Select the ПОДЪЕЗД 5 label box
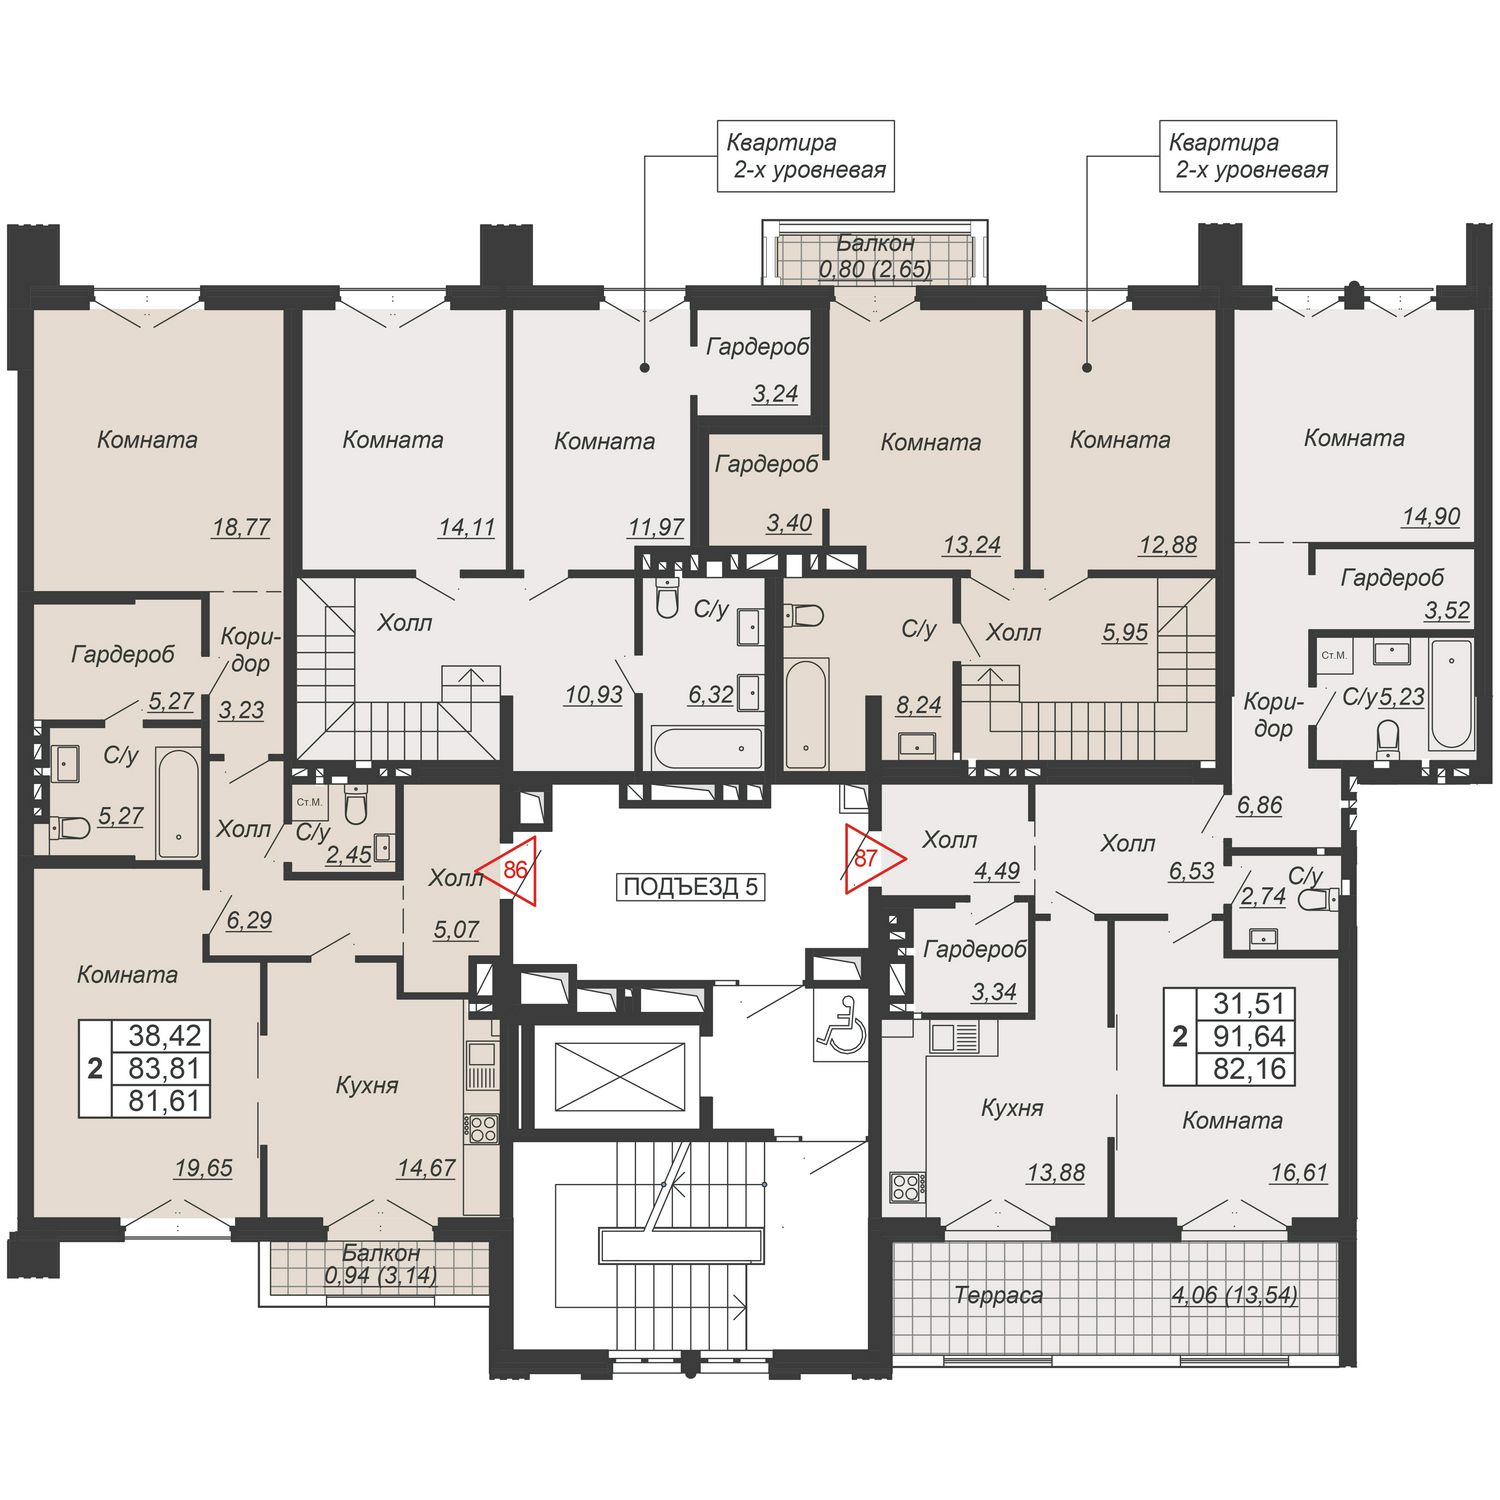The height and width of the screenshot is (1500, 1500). tap(690, 886)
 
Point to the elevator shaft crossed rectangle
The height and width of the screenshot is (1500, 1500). tap(621, 1076)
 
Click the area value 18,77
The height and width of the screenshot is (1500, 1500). tap(241, 527)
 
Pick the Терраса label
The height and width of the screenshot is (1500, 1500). tap(998, 1295)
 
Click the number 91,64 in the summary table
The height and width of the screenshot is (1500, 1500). tap(1249, 1036)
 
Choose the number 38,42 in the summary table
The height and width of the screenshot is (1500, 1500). tap(165, 1035)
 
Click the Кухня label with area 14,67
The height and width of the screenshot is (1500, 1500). tap(367, 1085)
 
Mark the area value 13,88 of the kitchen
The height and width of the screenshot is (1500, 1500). tap(1056, 1173)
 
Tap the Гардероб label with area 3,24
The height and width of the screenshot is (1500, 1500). tap(757, 347)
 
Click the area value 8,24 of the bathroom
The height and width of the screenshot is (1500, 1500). tap(918, 705)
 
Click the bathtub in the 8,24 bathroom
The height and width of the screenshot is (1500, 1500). tap(806, 713)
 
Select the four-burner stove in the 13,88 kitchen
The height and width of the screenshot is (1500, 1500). tap(906, 1187)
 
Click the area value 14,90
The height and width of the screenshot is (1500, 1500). tap(1431, 517)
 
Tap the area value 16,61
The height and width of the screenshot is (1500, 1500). tap(1299, 1173)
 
